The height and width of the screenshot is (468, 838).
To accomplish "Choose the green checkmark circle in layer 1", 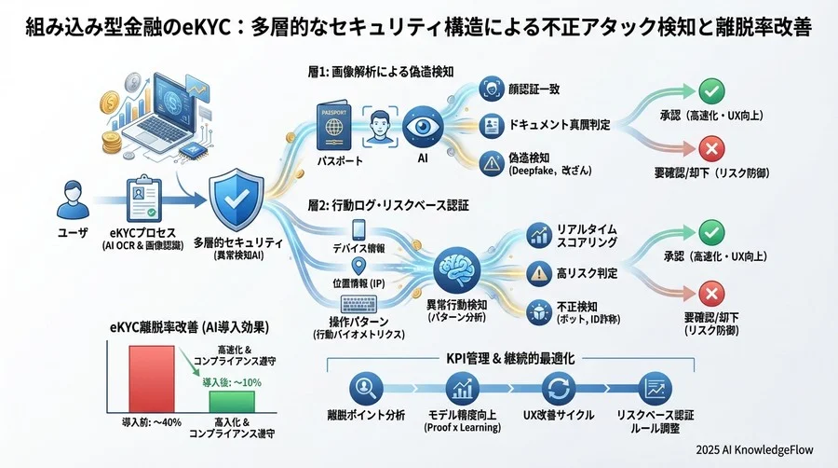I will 711,90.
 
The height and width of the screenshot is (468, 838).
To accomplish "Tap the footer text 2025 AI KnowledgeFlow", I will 760,449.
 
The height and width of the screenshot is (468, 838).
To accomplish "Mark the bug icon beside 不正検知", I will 537,309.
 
